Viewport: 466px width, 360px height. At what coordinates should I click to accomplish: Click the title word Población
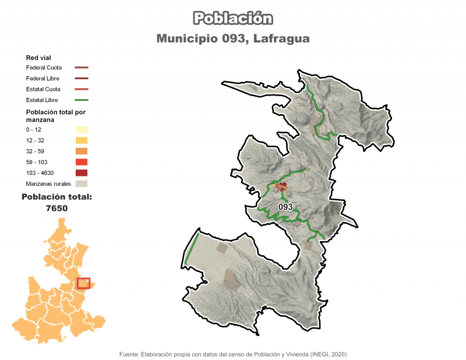pos(233,19)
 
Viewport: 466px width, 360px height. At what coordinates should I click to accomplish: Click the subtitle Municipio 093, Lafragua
pos(233,39)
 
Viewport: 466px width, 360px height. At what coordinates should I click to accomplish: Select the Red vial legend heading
pos(38,58)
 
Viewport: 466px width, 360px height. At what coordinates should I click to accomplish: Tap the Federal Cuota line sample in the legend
pos(81,68)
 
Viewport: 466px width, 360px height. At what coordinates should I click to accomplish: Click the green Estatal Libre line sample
pos(81,100)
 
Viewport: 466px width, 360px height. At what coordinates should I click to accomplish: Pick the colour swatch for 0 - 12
pos(81,129)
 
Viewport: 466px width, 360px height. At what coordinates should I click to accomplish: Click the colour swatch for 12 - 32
pos(81,140)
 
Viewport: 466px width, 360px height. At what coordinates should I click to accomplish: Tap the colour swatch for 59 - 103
pos(81,162)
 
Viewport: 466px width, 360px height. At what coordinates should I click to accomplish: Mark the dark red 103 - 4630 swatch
pos(81,173)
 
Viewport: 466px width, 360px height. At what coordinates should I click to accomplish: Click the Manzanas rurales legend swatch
pos(81,184)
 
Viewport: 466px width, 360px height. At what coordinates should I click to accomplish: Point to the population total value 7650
pos(57,209)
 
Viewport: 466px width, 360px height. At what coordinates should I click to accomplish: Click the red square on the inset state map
pos(84,283)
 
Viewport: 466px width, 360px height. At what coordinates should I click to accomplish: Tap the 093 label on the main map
pos(285,207)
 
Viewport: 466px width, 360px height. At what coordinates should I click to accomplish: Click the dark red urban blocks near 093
pos(283,188)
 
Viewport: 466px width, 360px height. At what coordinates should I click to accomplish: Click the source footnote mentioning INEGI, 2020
pos(233,354)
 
